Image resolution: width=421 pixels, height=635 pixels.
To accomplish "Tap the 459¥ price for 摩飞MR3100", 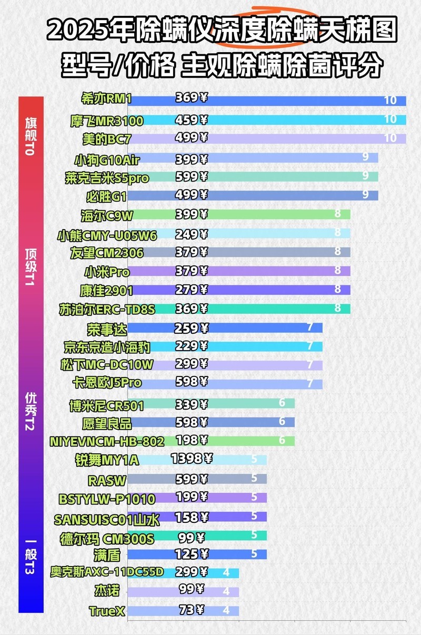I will point(191,120).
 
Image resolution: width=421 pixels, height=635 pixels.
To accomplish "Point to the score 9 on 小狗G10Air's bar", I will point(365,157).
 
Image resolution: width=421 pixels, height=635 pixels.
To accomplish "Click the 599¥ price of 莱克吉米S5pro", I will point(191,176).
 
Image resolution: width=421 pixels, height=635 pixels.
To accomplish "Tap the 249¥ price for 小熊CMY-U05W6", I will point(191,233).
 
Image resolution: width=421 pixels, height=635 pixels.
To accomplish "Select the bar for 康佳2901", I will point(263,290).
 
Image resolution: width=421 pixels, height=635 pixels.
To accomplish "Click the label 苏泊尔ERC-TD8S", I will point(107,309).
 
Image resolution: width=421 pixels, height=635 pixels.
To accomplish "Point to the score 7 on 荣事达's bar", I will point(310,327).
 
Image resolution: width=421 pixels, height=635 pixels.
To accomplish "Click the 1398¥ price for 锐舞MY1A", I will point(192,459).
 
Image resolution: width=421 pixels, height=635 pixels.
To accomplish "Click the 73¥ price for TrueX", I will point(191,610).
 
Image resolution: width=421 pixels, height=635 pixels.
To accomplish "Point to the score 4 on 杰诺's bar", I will point(226,591).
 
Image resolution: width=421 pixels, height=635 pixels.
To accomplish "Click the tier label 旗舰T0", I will point(31,136).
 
